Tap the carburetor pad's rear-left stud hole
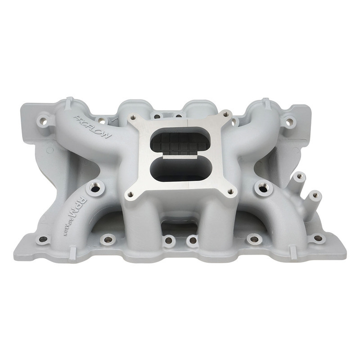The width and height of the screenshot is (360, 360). coord(157,117)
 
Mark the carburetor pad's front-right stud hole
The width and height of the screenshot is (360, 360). coord(230,192)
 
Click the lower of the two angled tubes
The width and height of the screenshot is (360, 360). coord(314,196)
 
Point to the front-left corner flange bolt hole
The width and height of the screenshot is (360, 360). coord(43,239)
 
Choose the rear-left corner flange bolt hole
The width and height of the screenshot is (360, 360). coord(44,121)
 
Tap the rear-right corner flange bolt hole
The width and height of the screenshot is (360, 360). coord(290,121)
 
